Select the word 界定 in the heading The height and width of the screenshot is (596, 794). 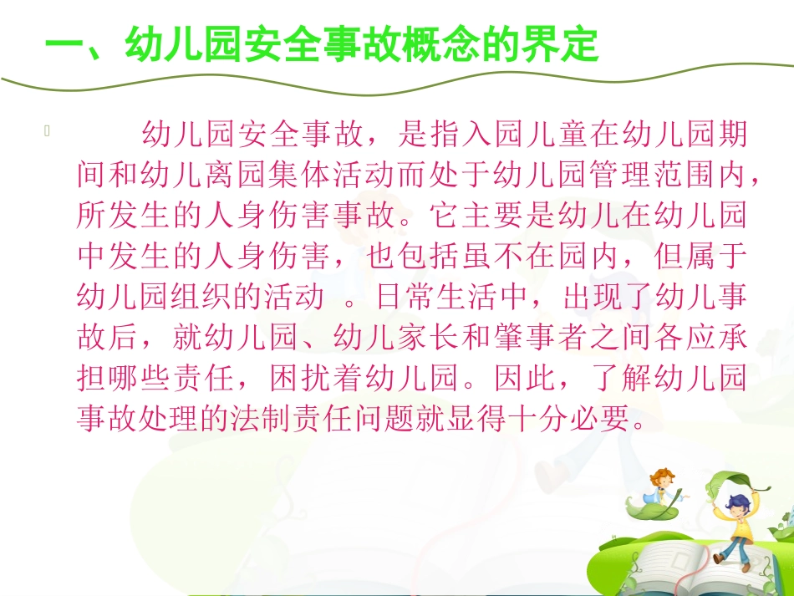pos(559,44)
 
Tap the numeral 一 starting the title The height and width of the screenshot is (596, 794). pos(62,44)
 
